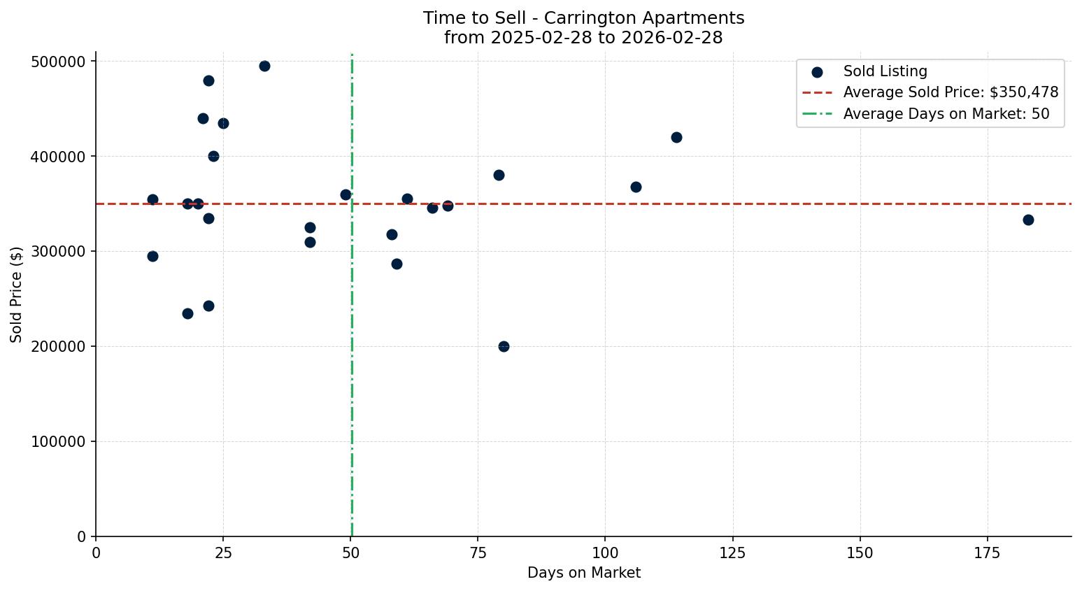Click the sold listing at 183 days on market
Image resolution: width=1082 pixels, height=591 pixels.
[1028, 220]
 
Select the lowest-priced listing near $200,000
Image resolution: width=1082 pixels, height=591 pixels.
[504, 346]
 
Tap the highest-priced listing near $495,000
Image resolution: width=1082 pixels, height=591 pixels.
[264, 66]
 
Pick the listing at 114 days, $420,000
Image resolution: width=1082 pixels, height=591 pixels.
[676, 137]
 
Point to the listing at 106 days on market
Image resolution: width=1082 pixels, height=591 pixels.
[636, 187]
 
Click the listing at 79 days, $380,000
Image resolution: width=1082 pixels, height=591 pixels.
[499, 175]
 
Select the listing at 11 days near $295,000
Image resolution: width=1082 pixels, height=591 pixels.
[152, 256]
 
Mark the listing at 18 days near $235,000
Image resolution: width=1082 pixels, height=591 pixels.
[187, 313]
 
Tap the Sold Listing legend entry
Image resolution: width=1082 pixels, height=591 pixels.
[885, 71]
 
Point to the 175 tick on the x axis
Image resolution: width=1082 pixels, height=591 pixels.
[988, 553]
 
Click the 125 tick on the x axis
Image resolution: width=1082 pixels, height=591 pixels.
[733, 553]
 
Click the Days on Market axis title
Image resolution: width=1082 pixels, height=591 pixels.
[584, 573]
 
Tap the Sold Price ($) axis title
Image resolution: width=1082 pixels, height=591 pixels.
[16, 294]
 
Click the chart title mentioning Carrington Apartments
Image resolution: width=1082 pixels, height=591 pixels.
[583, 18]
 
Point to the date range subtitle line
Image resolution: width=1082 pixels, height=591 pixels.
[583, 38]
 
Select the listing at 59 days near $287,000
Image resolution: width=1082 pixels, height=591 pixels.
[397, 264]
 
